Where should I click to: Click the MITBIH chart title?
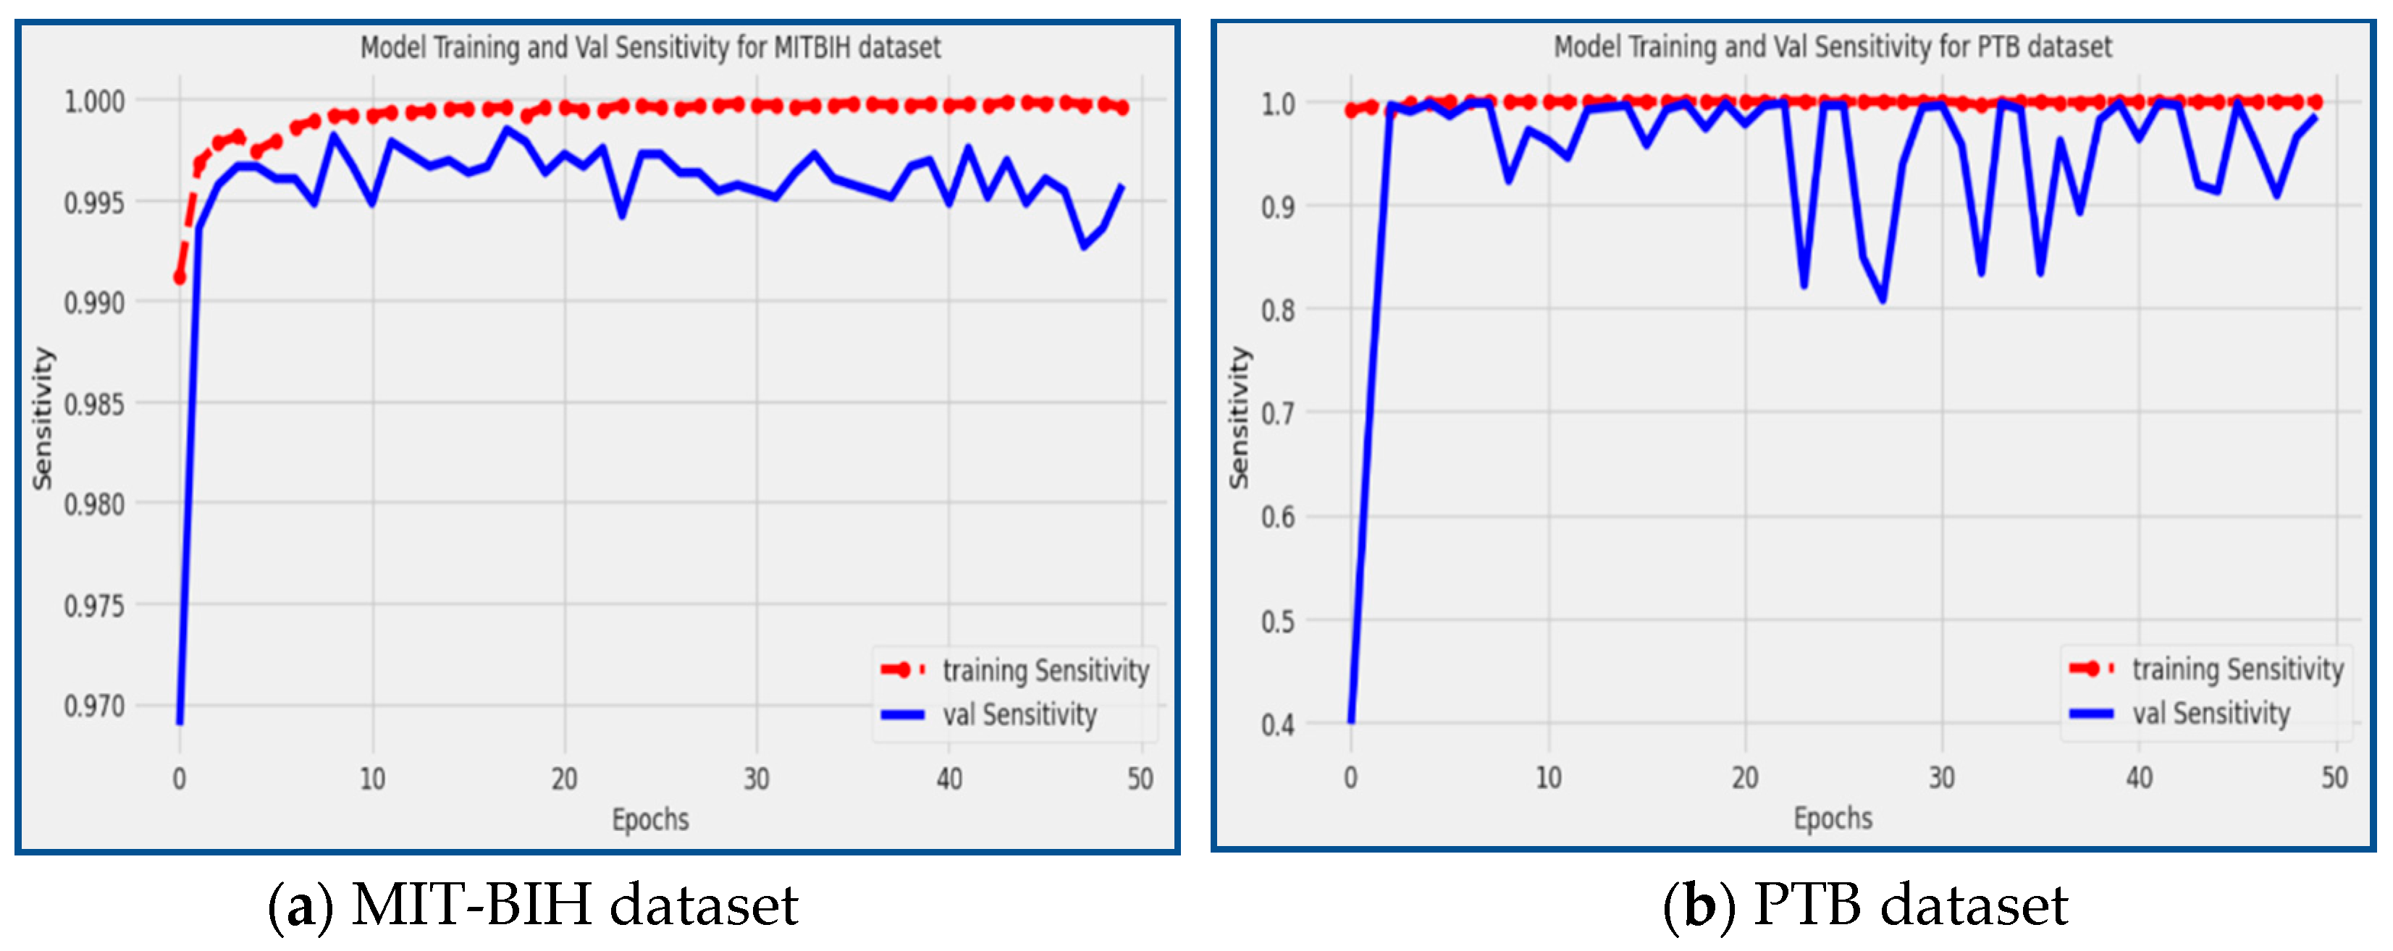(650, 47)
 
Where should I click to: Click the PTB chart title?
(1832, 46)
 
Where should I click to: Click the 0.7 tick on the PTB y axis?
(1277, 413)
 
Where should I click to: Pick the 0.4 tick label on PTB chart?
(1277, 725)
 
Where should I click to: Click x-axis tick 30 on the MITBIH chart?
(756, 778)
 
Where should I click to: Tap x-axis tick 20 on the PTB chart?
(1744, 777)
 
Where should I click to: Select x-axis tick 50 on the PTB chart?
(2334, 777)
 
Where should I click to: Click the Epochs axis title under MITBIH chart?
(650, 819)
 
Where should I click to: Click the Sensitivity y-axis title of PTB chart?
(1238, 418)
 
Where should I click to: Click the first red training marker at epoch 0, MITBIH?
(180, 276)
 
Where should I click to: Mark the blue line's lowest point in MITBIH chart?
(180, 722)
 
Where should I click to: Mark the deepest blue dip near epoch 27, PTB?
(1883, 299)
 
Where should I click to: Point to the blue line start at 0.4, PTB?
(1350, 721)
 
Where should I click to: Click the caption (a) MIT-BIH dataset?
(532, 905)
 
